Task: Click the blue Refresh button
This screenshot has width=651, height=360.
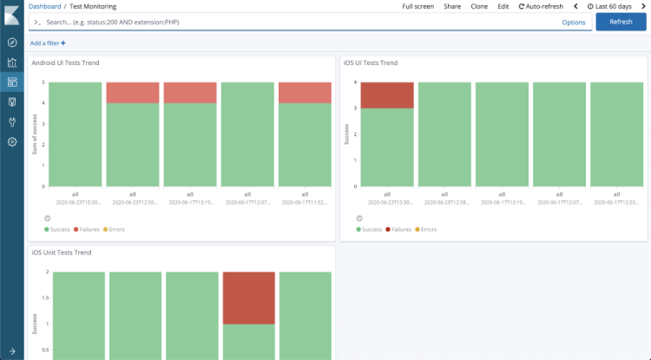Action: (x=621, y=22)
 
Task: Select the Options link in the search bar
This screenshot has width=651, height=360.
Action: (x=574, y=23)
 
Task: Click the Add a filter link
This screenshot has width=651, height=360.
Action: (x=47, y=43)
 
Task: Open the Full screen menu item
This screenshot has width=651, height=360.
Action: (x=418, y=6)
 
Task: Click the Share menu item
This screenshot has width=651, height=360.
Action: (x=452, y=6)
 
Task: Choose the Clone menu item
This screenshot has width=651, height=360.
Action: (x=478, y=6)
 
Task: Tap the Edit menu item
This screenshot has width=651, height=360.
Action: (x=503, y=6)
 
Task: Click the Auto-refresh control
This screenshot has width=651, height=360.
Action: (x=541, y=6)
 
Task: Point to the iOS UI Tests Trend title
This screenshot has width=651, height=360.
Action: (x=371, y=63)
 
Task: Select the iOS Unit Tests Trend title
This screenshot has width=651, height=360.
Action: (x=62, y=252)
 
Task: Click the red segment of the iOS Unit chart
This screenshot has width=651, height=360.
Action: (x=249, y=298)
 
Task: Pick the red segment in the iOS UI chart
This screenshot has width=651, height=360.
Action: (x=387, y=95)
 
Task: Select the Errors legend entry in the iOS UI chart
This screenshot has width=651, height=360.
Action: (x=426, y=229)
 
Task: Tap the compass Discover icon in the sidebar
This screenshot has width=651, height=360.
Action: (x=12, y=43)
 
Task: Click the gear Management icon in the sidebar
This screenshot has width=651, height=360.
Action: (x=12, y=141)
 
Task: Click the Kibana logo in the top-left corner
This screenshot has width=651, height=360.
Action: (x=12, y=13)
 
